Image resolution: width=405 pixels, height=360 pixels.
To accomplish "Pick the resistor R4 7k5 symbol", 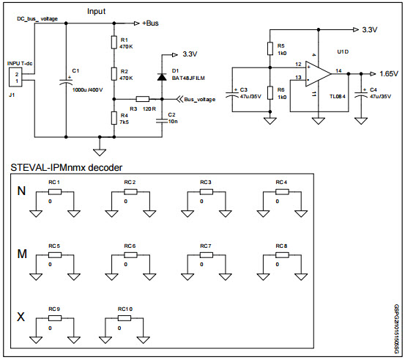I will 114,117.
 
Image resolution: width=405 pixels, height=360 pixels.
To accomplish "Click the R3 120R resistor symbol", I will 143,98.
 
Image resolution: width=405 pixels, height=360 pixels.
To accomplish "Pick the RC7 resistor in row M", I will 206,255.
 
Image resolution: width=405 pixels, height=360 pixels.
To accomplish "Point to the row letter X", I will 21,318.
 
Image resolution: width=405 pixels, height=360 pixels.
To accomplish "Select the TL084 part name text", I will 338,96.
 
